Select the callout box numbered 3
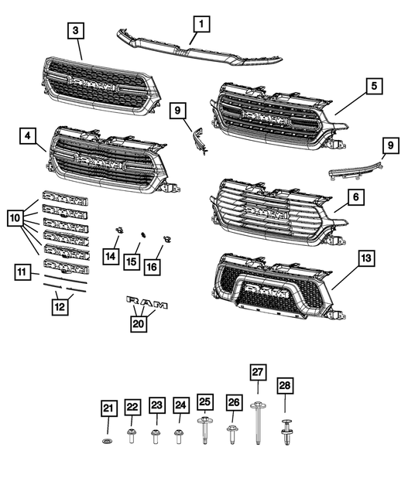(x=75, y=31)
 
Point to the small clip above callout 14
(x=118, y=230)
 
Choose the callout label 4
(x=28, y=137)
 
